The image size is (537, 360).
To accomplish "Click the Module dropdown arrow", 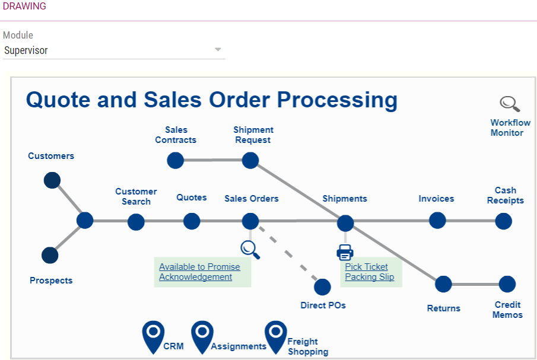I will tap(218, 50).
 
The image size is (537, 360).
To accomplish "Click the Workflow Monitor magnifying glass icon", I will tap(509, 104).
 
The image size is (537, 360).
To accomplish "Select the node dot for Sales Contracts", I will tap(175, 160).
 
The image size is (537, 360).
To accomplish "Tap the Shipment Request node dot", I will tap(250, 160).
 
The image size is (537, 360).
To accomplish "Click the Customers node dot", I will tap(52, 180).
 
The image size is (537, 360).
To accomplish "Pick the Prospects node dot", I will tap(50, 256).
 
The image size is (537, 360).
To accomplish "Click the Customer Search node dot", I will tap(136, 222).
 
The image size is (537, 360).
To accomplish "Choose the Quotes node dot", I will tap(192, 221).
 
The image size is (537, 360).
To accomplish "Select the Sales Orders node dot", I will tap(250, 221).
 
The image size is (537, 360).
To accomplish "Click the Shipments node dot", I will tap(345, 224).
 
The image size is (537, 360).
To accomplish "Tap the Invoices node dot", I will tap(437, 221).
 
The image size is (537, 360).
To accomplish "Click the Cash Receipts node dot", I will tap(504, 221).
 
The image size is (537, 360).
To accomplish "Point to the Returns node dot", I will tap(443, 284).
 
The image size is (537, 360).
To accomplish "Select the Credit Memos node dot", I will tap(507, 284).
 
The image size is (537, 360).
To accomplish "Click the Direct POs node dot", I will tap(322, 287).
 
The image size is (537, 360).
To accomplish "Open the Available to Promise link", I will tap(199, 267).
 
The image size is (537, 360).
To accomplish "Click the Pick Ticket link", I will tap(366, 267).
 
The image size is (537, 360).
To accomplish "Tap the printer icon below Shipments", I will tap(345, 252).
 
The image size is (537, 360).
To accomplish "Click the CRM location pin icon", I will tap(153, 336).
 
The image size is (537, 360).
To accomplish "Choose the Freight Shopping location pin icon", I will tap(276, 336).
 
